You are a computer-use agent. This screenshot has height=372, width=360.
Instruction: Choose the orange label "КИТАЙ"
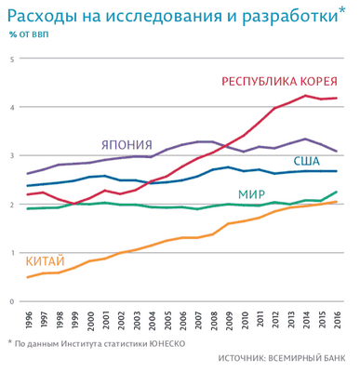[x=44, y=261]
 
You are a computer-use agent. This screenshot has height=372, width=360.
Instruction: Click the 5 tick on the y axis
[x=12, y=59]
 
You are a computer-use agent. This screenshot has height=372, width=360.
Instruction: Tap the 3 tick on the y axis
[x=12, y=156]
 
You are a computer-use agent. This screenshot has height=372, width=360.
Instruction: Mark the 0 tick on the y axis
[x=12, y=301]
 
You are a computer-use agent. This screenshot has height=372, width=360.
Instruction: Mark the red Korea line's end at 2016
[x=336, y=99]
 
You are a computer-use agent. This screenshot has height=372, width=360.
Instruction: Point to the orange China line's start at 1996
[x=29, y=277]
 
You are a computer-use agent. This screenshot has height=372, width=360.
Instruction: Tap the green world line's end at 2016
[x=336, y=192]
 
